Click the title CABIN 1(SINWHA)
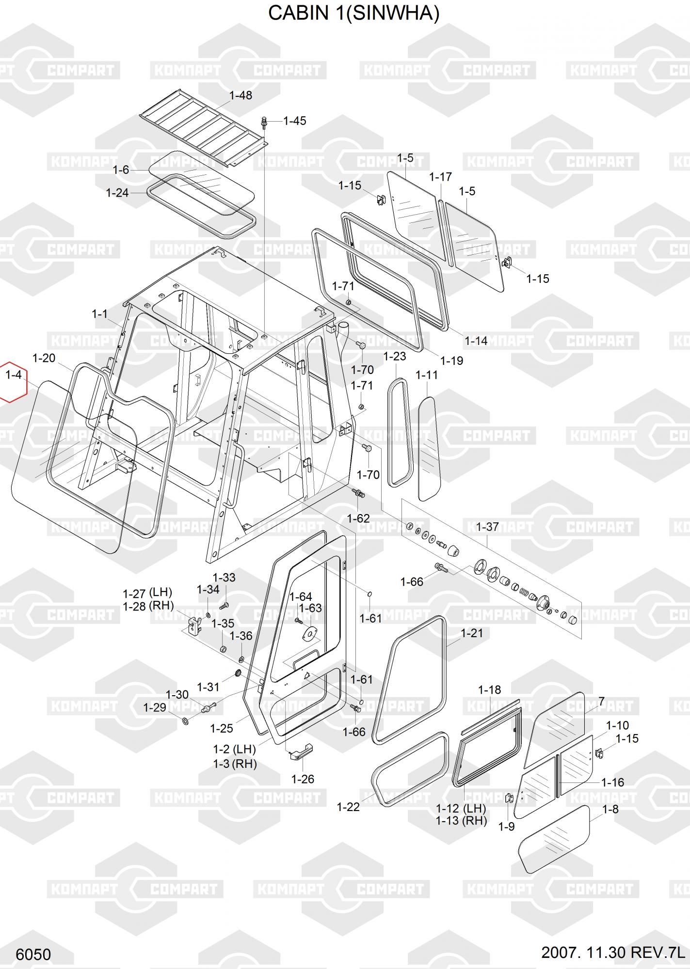click(353, 14)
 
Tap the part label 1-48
click(241, 95)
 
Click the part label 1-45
click(294, 121)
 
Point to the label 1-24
click(117, 193)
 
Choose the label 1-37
click(487, 527)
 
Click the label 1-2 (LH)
click(234, 749)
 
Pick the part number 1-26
click(303, 779)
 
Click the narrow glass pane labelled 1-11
click(429, 448)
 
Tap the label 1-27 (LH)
click(147, 593)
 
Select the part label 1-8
click(610, 809)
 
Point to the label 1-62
click(358, 518)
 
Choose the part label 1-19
click(451, 360)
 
